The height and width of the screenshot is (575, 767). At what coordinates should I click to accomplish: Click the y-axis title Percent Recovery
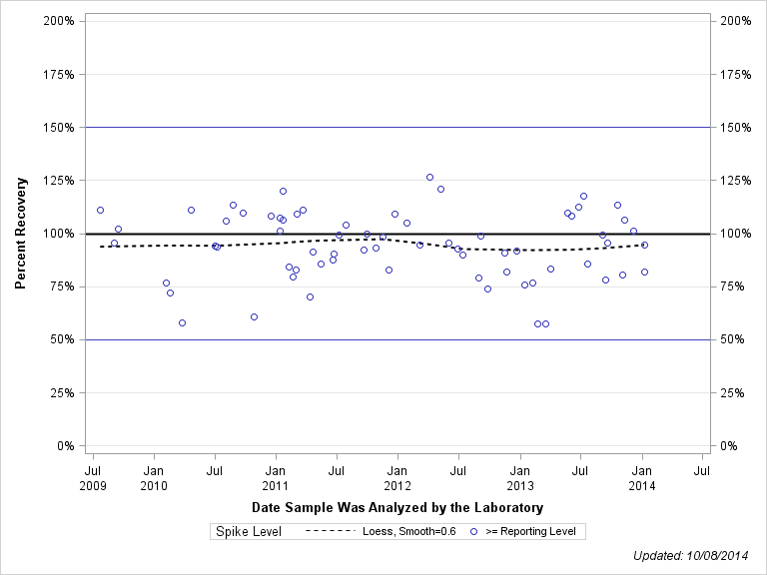coord(20,234)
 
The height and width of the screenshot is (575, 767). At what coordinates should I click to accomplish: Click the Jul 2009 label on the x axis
coord(92,476)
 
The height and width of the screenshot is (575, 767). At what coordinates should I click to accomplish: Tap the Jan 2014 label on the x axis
coord(642,476)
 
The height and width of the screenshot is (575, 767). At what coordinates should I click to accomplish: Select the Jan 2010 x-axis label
coord(154,476)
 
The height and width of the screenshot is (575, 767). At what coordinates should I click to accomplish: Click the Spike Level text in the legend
coord(249,532)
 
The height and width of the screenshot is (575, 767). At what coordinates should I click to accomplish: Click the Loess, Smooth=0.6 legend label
coord(409,532)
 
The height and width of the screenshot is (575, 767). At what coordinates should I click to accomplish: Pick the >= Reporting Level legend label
coord(530,532)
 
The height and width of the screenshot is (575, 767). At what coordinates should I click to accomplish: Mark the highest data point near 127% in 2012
coord(429,177)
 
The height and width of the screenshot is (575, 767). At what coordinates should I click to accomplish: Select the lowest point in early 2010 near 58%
coord(182,322)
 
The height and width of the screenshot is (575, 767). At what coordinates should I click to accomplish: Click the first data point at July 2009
coord(100,210)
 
